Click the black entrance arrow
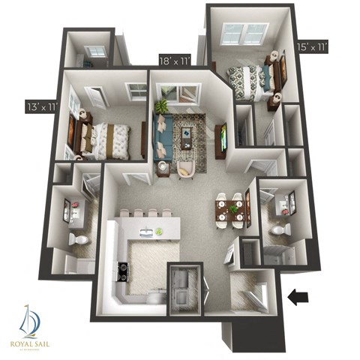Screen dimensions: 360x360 click(x=299, y=298)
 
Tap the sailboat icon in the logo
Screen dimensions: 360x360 click(x=28, y=321)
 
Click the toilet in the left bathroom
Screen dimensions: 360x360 click(x=77, y=238)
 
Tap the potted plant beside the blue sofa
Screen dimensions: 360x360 click(x=160, y=108)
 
